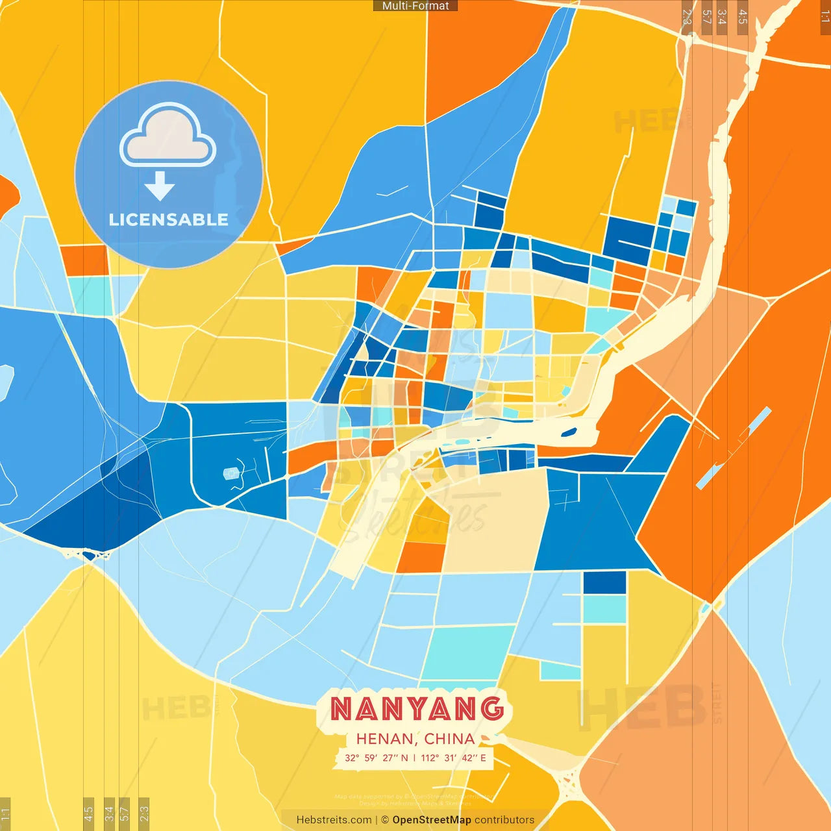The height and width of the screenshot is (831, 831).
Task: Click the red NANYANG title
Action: coord(417,709)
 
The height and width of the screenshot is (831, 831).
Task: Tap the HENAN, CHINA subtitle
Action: coord(415,739)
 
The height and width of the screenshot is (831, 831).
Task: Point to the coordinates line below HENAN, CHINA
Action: coord(415,758)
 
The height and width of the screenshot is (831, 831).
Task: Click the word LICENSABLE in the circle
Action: coord(169,219)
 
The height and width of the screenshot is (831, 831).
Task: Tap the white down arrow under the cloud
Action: coord(160,186)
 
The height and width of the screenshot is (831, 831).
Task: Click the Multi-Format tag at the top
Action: coord(415,6)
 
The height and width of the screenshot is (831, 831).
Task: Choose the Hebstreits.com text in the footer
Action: coord(334,820)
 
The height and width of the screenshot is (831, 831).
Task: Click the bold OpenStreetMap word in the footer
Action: coord(432,820)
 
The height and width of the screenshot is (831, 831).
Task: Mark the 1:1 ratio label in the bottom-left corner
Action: coord(5,814)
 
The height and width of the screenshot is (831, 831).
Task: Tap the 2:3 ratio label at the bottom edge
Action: coord(143,814)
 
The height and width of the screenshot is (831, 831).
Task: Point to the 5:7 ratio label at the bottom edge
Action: coord(124,814)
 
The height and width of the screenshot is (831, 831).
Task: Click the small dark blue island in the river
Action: coord(569,432)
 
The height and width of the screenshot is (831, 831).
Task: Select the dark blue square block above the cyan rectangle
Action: coord(604,582)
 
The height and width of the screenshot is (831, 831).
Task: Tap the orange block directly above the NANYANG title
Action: coord(421,557)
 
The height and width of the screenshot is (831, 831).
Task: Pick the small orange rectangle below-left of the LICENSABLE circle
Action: coord(84,260)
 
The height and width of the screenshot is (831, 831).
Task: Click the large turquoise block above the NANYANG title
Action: coord(469,651)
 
